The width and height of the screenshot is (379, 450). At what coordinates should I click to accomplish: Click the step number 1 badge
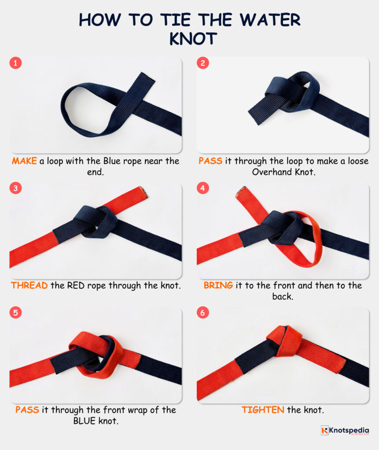coord(15,63)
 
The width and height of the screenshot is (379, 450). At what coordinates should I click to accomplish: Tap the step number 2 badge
coord(202,63)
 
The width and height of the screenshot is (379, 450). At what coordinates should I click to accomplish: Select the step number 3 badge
coord(15,188)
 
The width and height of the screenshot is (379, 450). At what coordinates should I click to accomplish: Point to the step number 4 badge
coord(202,188)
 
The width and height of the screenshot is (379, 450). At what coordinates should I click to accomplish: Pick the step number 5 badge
coord(15,313)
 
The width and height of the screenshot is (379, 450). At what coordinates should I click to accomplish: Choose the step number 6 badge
coord(202,313)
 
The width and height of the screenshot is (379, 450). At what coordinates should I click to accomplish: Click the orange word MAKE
coord(24,161)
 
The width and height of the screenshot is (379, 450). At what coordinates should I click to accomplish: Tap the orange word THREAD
coord(29,286)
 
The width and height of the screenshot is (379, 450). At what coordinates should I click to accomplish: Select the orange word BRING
coord(218,286)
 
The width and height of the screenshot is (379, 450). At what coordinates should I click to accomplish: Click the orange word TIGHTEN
coord(262,410)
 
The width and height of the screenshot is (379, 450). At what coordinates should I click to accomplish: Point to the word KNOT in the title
coord(193,39)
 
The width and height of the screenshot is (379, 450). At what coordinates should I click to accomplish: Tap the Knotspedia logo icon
coord(324,431)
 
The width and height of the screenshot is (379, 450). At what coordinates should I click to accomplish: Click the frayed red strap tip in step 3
coord(143,192)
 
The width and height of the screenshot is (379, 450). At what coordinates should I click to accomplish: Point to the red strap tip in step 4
coord(241,191)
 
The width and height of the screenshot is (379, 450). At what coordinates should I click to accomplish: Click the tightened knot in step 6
coord(285,340)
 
